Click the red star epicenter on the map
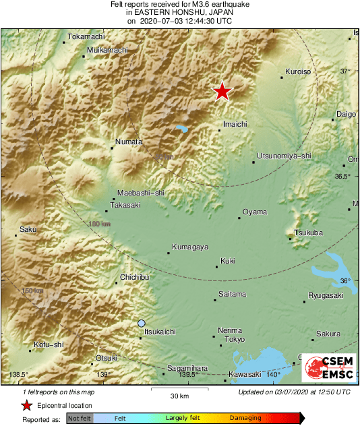222,91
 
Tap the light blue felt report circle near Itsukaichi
141,324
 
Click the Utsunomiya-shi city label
284,156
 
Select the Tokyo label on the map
234,339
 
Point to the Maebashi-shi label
141,192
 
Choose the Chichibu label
134,277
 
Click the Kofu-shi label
48,344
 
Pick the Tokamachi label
85,36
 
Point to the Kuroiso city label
297,71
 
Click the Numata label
129,142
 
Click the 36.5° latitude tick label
343,177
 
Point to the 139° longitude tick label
102,375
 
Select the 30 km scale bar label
179,395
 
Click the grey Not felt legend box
80,419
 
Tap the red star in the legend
26,405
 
